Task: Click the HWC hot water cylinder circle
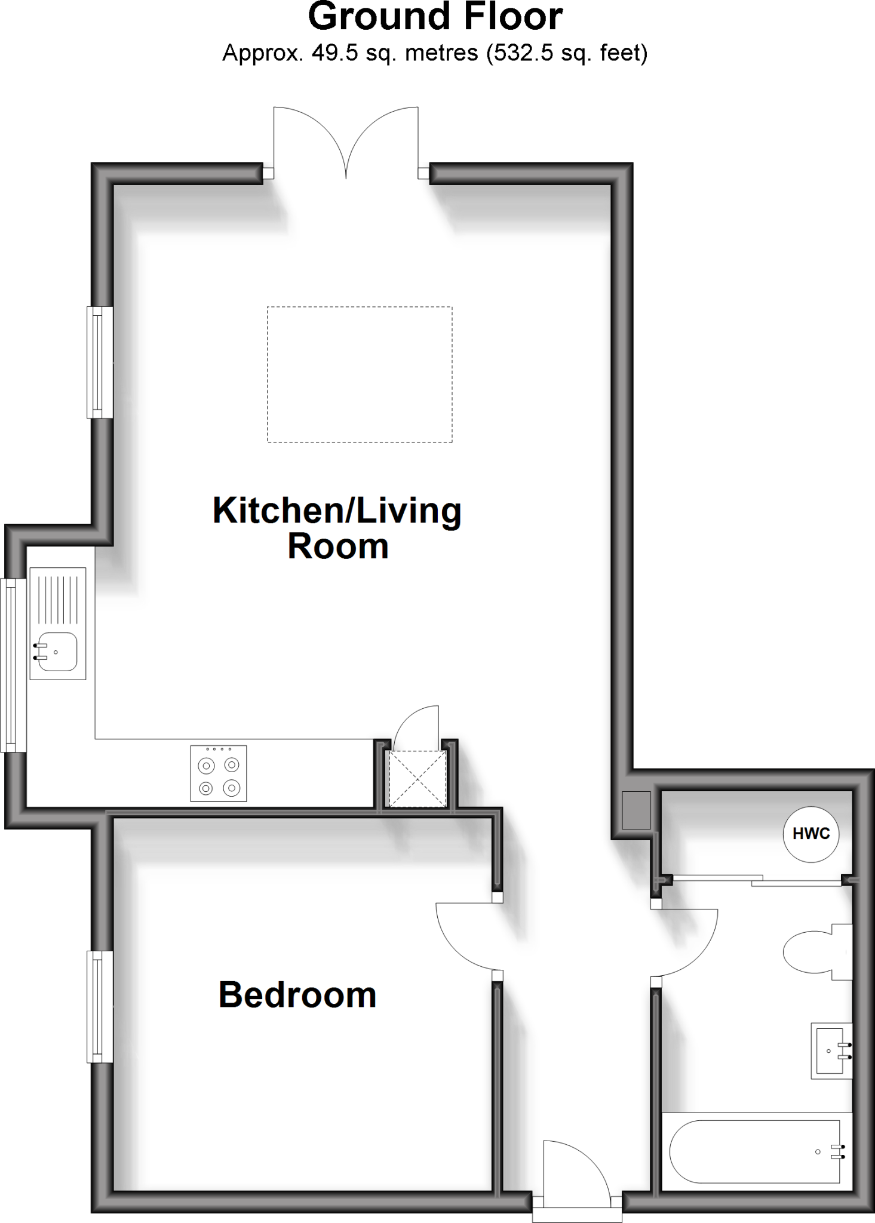click(810, 834)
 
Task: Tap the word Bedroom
click(297, 995)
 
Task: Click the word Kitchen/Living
click(337, 511)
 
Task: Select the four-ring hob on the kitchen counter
click(219, 773)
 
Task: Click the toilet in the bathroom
click(815, 952)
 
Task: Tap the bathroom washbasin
click(831, 1050)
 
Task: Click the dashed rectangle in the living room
click(360, 374)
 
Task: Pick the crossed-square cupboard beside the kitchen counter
click(417, 779)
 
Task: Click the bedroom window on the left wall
click(100, 1006)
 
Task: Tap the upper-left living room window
click(100, 362)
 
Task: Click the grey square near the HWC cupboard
click(635, 810)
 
